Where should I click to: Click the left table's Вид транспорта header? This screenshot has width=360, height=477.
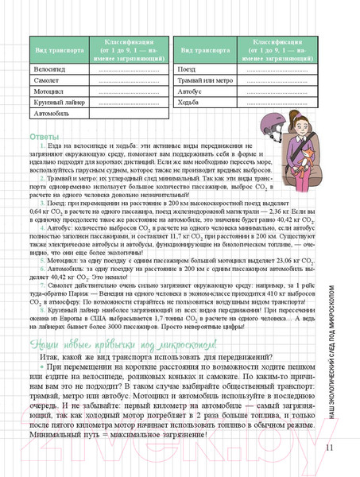pyautogui.click(x=55, y=49)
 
